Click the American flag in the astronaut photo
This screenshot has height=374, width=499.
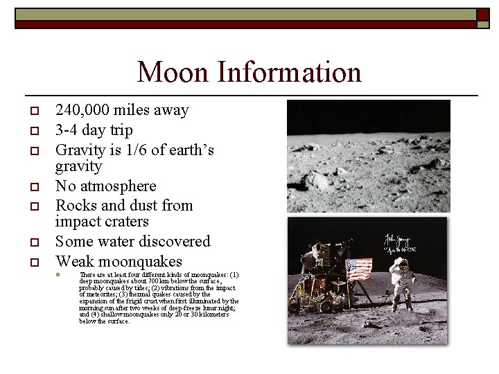(358, 268)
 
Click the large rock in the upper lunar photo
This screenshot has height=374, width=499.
(319, 181)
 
